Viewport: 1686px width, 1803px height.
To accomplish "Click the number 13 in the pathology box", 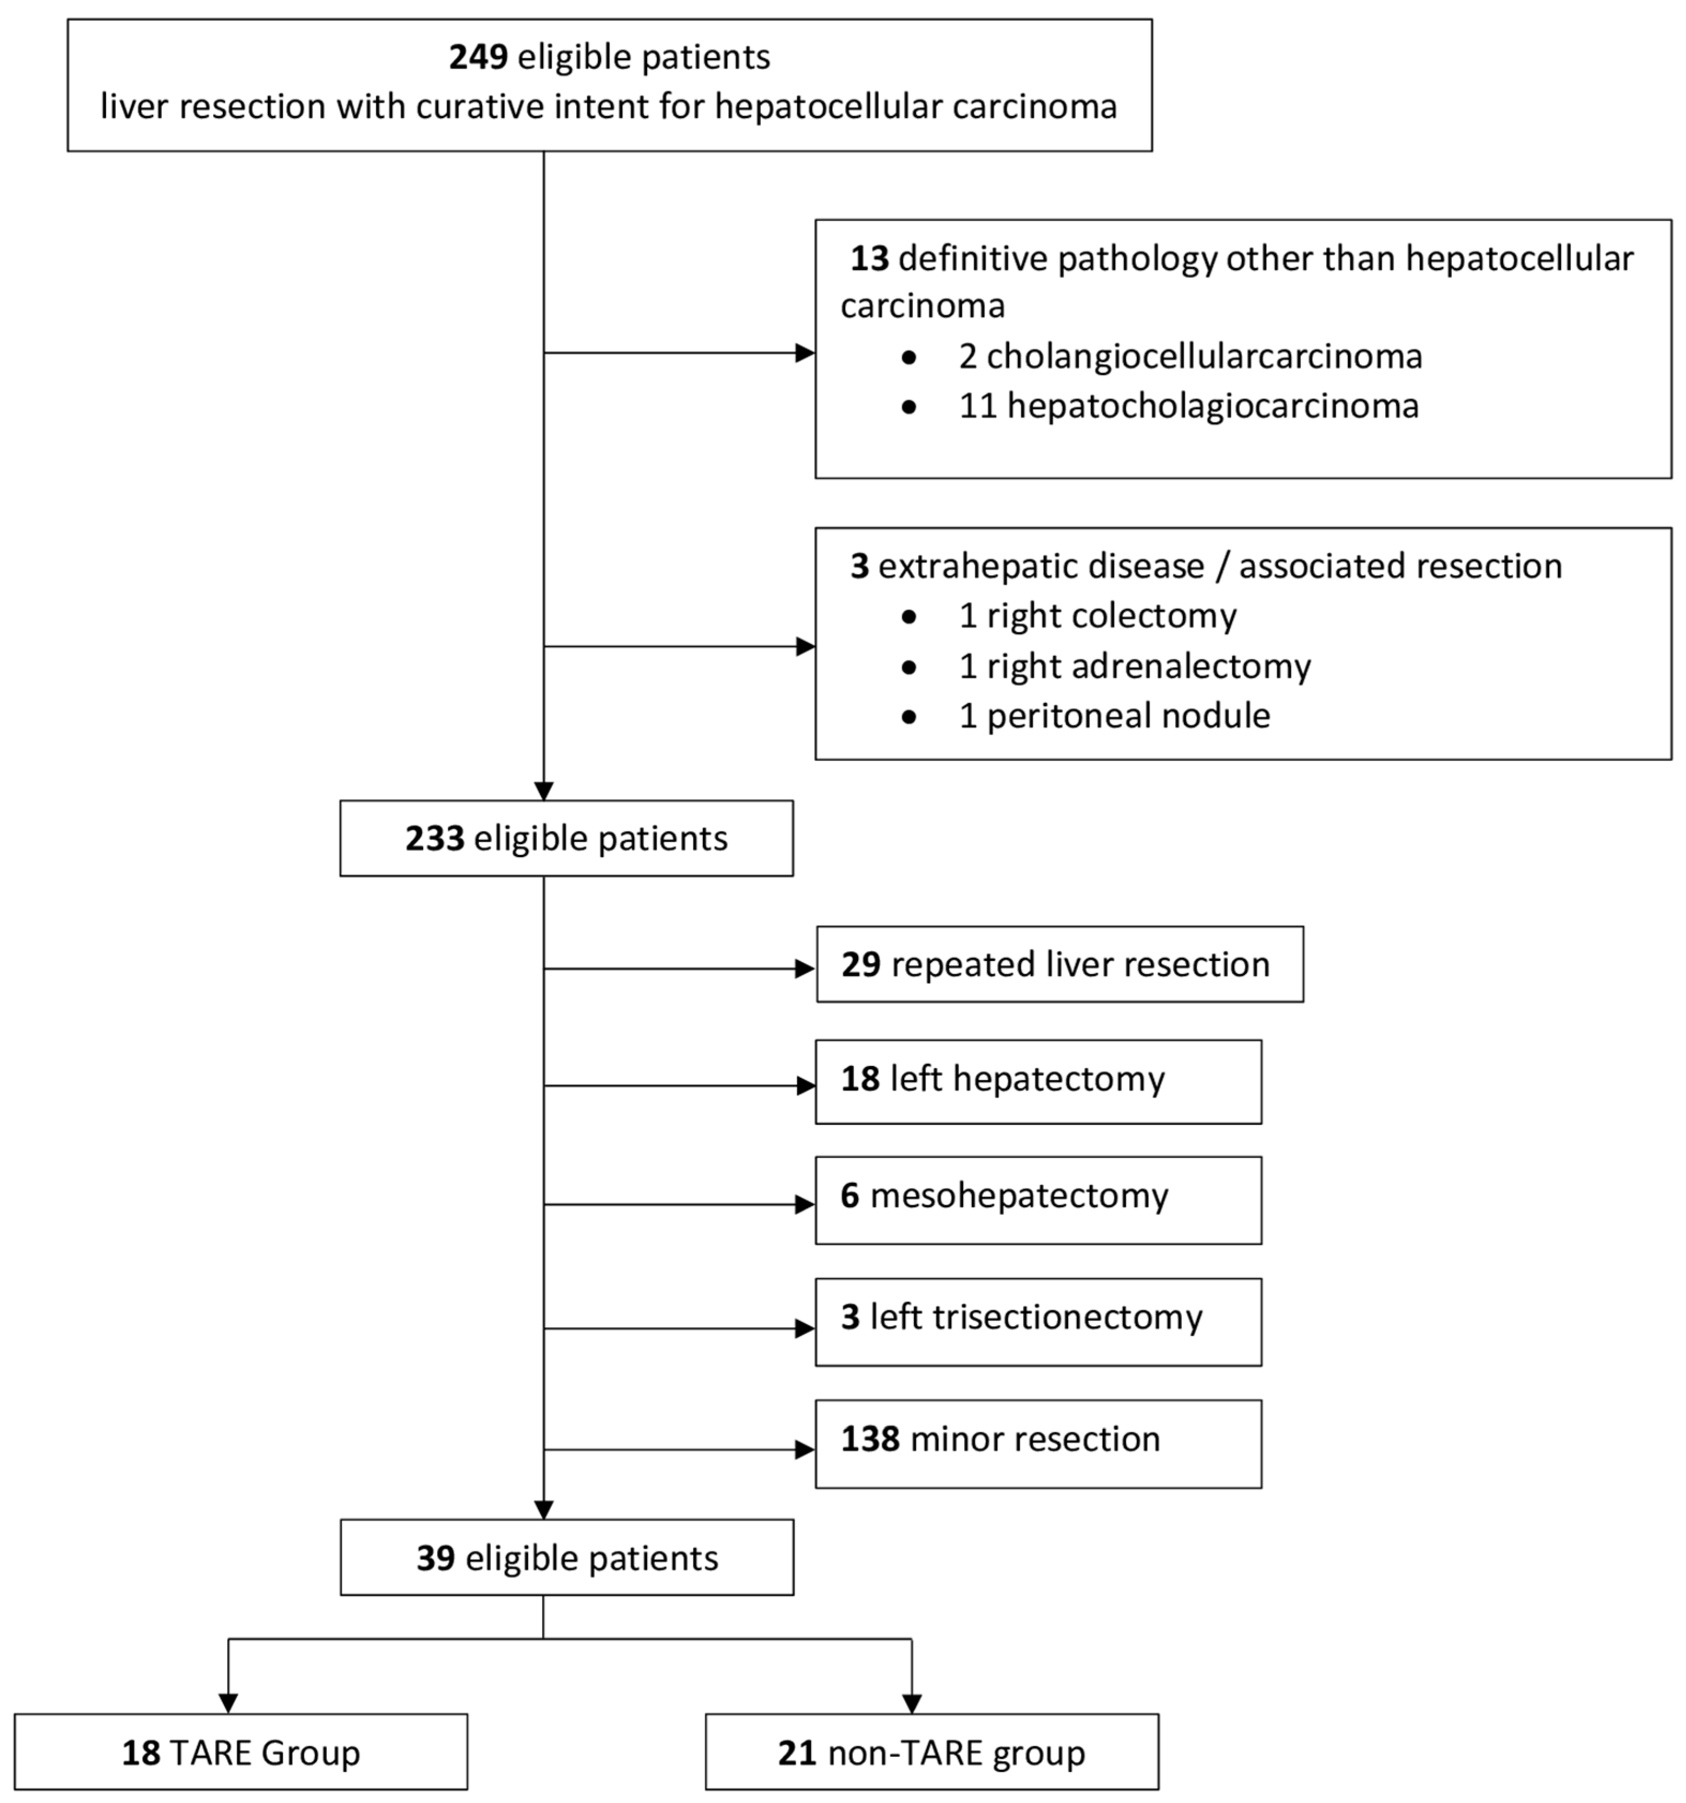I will (x=869, y=259).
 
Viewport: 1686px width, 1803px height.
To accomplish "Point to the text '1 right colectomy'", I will (x=1097, y=616).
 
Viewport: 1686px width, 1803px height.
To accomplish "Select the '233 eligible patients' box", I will (x=566, y=838).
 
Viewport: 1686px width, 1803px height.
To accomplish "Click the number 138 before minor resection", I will (x=870, y=1439).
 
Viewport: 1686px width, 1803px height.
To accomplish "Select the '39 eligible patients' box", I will (x=566, y=1557).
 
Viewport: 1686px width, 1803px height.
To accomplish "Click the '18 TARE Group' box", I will (x=240, y=1752).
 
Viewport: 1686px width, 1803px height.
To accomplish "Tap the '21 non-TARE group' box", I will (x=931, y=1752).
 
